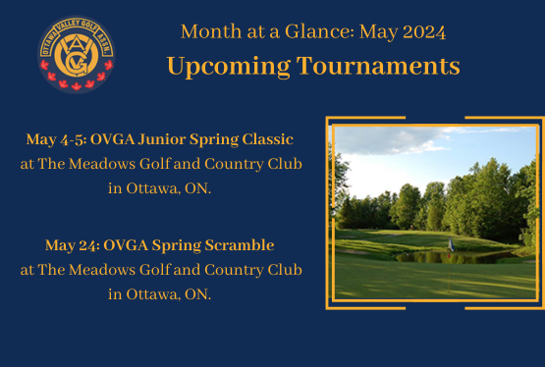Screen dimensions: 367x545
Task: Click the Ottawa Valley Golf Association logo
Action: (77, 55)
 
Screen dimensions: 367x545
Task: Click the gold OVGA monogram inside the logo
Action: (77, 54)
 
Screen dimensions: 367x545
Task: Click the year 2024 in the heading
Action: (425, 31)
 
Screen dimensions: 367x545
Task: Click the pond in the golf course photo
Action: (462, 256)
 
